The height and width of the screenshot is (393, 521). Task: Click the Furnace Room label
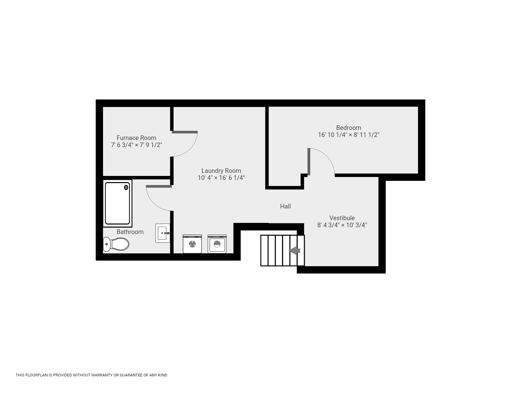136,138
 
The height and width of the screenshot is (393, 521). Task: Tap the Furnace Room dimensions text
136,145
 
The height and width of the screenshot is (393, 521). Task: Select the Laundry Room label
221,171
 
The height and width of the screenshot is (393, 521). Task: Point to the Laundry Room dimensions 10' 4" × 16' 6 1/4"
221,178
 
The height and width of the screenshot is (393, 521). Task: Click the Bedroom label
349,128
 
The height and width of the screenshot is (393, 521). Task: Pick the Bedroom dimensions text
349,135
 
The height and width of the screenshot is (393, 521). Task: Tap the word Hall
285,206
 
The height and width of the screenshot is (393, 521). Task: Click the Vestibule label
342,218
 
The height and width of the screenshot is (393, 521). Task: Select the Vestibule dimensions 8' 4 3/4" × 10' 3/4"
342,225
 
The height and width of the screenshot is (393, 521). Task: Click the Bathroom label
130,232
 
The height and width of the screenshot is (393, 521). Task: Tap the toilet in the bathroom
116,244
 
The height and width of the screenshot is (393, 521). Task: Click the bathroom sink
163,233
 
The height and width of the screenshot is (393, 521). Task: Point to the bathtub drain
126,188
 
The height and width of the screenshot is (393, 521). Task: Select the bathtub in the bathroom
117,203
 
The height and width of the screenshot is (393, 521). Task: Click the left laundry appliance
192,244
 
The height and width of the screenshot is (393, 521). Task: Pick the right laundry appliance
217,244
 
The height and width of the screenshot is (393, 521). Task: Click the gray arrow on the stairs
295,251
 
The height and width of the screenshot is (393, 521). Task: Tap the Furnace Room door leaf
185,132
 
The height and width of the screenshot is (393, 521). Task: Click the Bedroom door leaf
309,161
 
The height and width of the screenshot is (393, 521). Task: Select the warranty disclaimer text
92,375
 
